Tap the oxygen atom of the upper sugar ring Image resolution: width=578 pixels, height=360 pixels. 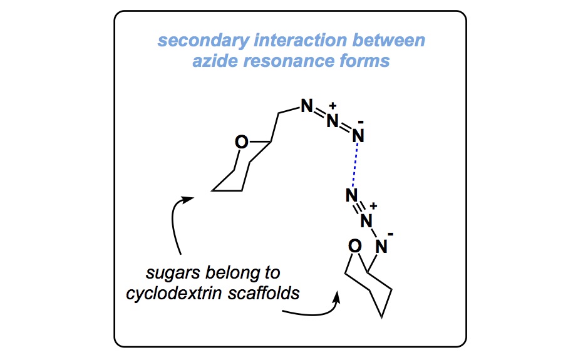(241, 143)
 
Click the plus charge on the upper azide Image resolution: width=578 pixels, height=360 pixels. (333, 105)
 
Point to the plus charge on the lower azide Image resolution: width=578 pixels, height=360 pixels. (373, 205)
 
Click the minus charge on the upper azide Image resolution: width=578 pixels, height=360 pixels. (359, 120)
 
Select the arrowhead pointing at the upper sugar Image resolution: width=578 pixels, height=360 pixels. (188, 199)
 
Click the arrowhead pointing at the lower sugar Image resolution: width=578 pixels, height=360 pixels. (338, 295)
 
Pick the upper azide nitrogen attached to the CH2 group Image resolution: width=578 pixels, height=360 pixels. (306, 106)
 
